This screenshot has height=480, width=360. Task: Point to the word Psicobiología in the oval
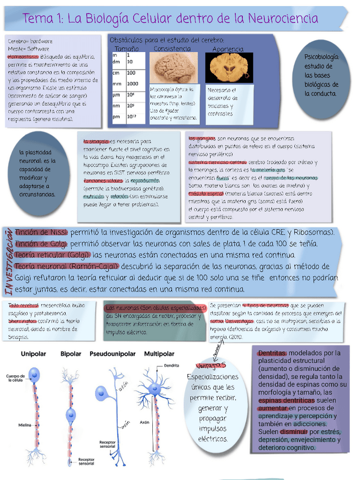322,57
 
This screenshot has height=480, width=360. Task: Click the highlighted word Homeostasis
23,57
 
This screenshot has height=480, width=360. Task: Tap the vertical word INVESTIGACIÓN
10,261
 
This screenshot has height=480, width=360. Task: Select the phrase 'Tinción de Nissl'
42,233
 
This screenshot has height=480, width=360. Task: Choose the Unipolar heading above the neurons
33,354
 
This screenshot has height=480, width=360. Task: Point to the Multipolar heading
159,354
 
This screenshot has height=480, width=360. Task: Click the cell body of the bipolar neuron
71,414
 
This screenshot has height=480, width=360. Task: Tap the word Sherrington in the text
23,321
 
